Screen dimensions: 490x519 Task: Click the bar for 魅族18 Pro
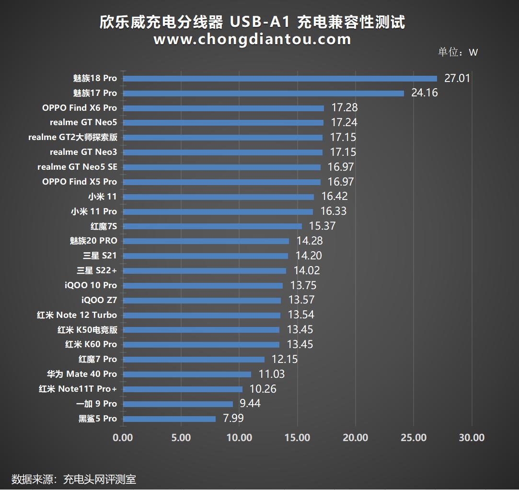tap(280, 79)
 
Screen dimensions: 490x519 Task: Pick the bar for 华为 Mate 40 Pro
tap(187, 374)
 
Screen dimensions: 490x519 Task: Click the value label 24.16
tap(424, 93)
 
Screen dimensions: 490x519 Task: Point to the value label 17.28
tap(344, 108)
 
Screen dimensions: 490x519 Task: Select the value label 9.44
tap(250, 404)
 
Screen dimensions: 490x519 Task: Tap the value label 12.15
tap(285, 359)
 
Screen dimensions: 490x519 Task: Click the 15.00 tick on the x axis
tap(298, 438)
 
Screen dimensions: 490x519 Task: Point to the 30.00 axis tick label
tap(472, 438)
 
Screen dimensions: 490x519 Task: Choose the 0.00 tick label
tap(123, 438)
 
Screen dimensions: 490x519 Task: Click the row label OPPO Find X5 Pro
tap(80, 182)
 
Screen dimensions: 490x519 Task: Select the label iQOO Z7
tap(99, 300)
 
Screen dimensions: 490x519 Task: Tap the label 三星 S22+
tap(97, 270)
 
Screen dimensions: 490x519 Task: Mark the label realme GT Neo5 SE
tap(77, 167)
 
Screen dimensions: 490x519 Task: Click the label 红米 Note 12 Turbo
tap(77, 315)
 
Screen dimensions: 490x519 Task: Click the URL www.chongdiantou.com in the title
tap(252, 39)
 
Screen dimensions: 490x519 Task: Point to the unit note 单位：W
tap(458, 52)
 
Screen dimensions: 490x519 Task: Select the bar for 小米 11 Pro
tap(218, 211)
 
